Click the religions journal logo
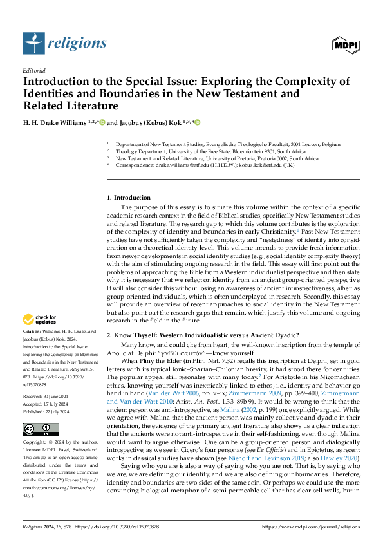(x=64, y=44)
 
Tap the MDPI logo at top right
(x=345, y=44)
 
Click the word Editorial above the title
(x=33, y=70)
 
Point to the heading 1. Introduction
(x=129, y=197)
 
